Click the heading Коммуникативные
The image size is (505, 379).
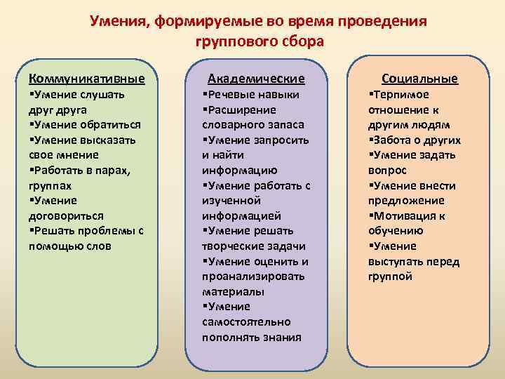click(x=81, y=78)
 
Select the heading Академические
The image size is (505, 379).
click(x=257, y=79)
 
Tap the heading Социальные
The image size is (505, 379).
click(x=419, y=78)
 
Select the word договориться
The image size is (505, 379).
click(x=66, y=216)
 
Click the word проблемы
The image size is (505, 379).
click(x=102, y=231)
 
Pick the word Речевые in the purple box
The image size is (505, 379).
click(x=229, y=95)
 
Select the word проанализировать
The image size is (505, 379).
click(x=253, y=276)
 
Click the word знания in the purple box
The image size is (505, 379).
click(x=283, y=337)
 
